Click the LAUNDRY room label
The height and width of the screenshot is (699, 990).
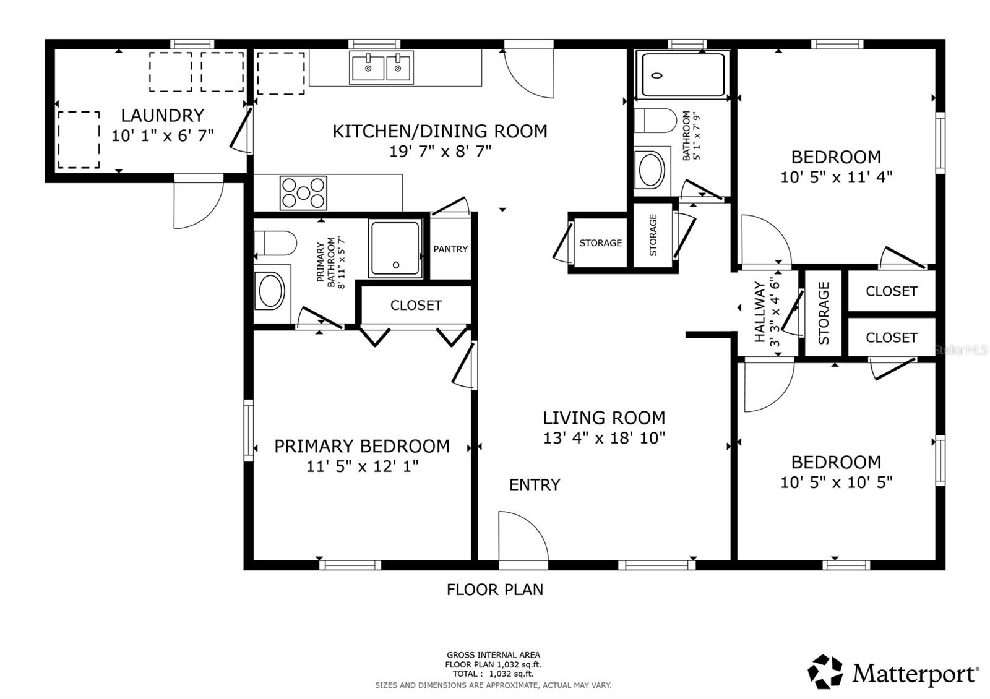tap(163, 116)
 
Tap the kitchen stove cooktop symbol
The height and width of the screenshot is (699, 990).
tap(303, 193)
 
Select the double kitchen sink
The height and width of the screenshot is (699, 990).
tap(381, 67)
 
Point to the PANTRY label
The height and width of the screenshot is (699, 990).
tap(450, 249)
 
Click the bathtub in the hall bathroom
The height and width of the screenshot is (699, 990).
tap(683, 75)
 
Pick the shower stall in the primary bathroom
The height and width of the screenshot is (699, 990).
tap(395, 248)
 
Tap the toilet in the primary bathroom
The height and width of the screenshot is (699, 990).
tap(275, 243)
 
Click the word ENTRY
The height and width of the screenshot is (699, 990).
tap(535, 485)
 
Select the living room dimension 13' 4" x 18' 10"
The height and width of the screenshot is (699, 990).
tap(604, 438)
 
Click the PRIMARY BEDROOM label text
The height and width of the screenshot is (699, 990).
tap(362, 446)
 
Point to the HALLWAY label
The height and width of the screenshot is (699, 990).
tap(759, 312)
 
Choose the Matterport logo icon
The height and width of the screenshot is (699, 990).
tap(825, 672)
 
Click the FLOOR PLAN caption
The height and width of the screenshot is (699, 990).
tap(495, 590)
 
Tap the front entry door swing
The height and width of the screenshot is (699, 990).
tap(523, 536)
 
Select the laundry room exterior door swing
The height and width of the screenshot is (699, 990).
tap(199, 202)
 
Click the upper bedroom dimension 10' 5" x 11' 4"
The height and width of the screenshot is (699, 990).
tap(836, 177)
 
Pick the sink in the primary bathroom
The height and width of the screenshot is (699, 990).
tap(272, 290)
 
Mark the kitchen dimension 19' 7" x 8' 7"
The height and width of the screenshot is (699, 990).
tap(440, 152)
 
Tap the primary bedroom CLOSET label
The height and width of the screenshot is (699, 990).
tap(416, 306)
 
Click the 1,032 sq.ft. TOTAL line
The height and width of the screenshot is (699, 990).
tap(493, 674)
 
